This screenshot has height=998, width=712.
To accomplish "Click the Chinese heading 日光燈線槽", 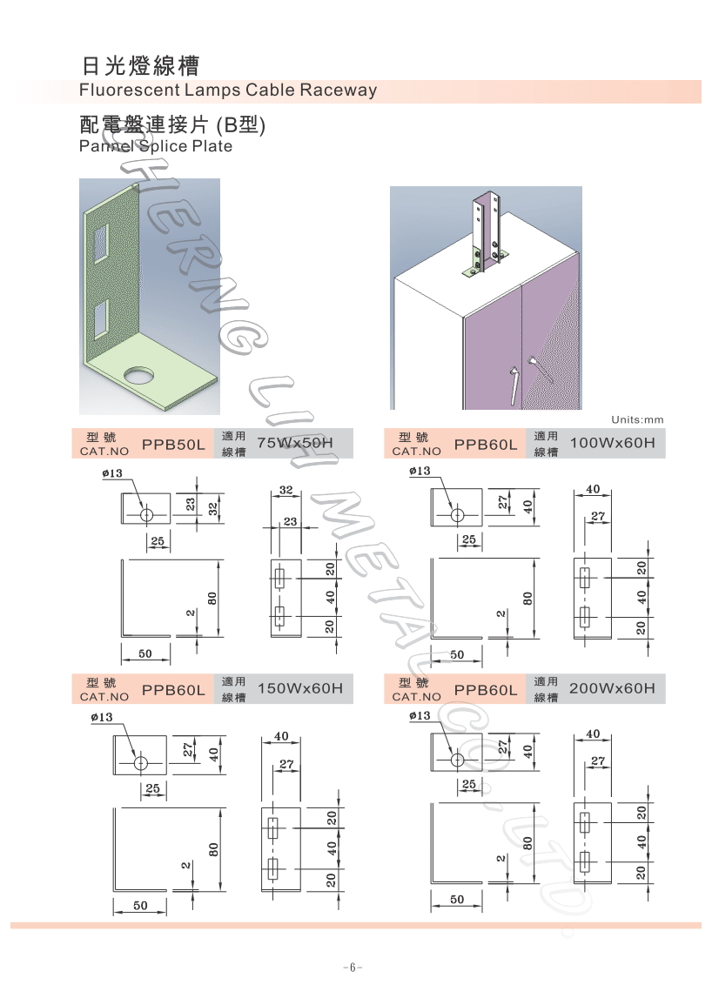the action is point(141,65).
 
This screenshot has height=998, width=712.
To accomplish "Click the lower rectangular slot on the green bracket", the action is point(102,321).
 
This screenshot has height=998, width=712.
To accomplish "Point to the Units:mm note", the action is point(637,419).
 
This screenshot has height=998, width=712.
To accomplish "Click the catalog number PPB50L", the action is point(173,445).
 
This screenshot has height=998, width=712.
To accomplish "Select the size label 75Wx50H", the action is point(295,443).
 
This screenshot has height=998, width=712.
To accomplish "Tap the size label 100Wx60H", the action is point(612,443).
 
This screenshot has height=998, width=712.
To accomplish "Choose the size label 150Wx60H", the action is point(300,688).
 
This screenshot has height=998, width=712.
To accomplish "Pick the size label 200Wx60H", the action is point(612,688).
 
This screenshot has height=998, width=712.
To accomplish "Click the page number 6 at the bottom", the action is point(353,968).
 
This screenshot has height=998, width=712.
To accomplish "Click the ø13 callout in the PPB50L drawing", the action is point(112,473).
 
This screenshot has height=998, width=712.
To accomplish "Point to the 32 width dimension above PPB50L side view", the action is point(286,490).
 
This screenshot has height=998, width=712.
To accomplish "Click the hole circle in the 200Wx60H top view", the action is point(457,760).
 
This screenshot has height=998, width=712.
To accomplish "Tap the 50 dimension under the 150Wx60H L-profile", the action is point(140,905).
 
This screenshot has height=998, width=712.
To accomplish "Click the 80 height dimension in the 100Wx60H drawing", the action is point(527,599).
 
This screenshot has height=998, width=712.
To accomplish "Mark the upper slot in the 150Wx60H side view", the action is point(273,828).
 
